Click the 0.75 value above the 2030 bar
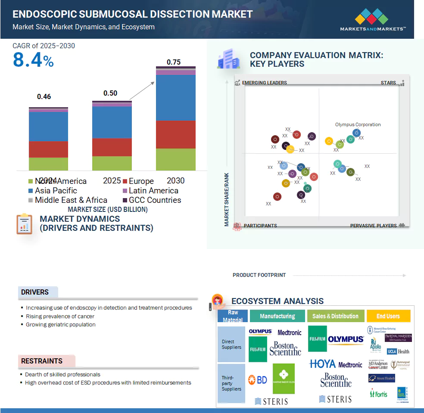(x=174, y=62)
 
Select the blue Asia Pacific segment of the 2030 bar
(x=175, y=98)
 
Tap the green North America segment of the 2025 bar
(x=112, y=163)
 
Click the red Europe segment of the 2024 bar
(x=48, y=149)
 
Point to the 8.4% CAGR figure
(x=33, y=60)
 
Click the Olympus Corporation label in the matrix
(x=358, y=125)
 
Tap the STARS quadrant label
(x=388, y=83)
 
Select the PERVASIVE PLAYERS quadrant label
(x=373, y=226)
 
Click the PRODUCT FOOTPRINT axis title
(x=259, y=275)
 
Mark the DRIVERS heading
(x=35, y=292)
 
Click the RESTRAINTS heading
(x=42, y=361)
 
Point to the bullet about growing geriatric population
(x=60, y=324)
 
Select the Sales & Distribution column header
(x=335, y=316)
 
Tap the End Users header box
(x=388, y=316)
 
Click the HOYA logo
(x=322, y=364)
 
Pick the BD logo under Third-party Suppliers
(x=258, y=380)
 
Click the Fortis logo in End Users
(x=379, y=394)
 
